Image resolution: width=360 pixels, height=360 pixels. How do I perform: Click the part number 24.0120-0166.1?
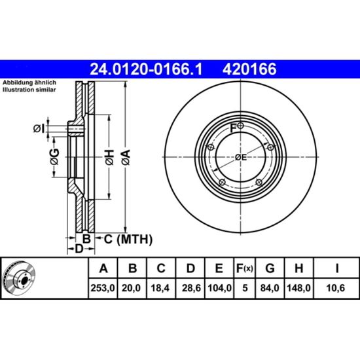pyautogui.click(x=146, y=69)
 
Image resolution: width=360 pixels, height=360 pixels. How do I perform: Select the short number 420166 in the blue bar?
pyautogui.click(x=249, y=69)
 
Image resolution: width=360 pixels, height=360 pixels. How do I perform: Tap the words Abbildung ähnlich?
pyautogui.click(x=29, y=82)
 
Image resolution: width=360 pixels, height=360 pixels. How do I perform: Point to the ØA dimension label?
pyautogui.click(x=126, y=157)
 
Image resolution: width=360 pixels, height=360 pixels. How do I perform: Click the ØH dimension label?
pyautogui.click(x=109, y=157)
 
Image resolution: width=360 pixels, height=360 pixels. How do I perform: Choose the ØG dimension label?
pyautogui.click(x=54, y=157)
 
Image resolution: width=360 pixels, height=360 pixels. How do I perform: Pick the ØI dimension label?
pyautogui.click(x=39, y=129)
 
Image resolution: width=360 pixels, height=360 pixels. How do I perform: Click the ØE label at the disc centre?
pyautogui.click(x=241, y=158)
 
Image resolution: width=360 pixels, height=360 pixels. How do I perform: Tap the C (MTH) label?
pyautogui.click(x=128, y=240)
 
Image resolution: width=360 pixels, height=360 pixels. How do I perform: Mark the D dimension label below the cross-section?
pyautogui.click(x=79, y=249)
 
